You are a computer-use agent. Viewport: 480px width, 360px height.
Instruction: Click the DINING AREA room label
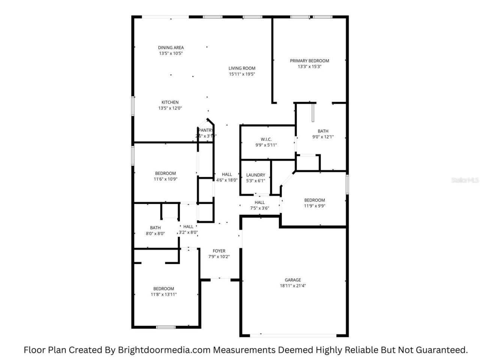click(171, 48)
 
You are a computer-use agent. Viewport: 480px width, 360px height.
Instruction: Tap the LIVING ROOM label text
click(242, 68)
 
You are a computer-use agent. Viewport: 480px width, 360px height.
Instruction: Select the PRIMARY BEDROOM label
click(309, 61)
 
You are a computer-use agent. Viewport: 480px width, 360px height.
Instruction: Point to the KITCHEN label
click(170, 102)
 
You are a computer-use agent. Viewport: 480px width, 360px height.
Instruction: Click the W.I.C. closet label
click(266, 139)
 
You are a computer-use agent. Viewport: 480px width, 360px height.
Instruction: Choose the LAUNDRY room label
click(256, 175)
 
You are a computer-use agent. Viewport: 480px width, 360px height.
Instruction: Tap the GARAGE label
click(293, 280)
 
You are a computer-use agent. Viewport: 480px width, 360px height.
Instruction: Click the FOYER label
click(219, 251)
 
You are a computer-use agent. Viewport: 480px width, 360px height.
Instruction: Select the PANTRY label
click(206, 130)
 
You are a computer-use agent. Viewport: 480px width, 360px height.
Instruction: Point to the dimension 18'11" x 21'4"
click(293, 286)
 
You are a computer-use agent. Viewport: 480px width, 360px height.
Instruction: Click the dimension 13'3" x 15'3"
click(309, 67)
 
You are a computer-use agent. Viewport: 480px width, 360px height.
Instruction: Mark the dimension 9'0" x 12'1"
click(323, 137)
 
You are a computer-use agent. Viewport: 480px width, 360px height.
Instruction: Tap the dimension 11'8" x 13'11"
click(163, 294)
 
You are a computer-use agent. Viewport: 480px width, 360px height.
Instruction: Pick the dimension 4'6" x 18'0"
click(227, 180)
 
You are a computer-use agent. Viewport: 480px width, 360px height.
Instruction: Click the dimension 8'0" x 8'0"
click(155, 233)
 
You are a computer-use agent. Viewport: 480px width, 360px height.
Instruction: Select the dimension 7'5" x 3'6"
click(259, 208)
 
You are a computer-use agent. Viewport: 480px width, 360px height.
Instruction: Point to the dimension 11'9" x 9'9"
click(315, 205)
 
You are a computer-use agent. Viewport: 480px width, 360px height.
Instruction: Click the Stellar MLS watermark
click(465, 180)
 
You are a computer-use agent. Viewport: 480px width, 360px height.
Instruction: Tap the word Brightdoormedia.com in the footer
click(165, 350)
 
